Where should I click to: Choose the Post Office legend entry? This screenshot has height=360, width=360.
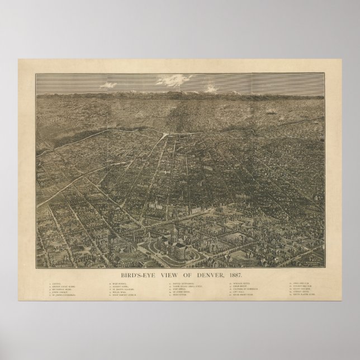pos(177,289)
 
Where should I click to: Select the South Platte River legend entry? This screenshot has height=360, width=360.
pos(301,295)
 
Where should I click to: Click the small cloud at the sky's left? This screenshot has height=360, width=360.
pos(107,85)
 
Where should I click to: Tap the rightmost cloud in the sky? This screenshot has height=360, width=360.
pos(210,87)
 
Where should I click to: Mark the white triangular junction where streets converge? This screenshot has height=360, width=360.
pos(164,135)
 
